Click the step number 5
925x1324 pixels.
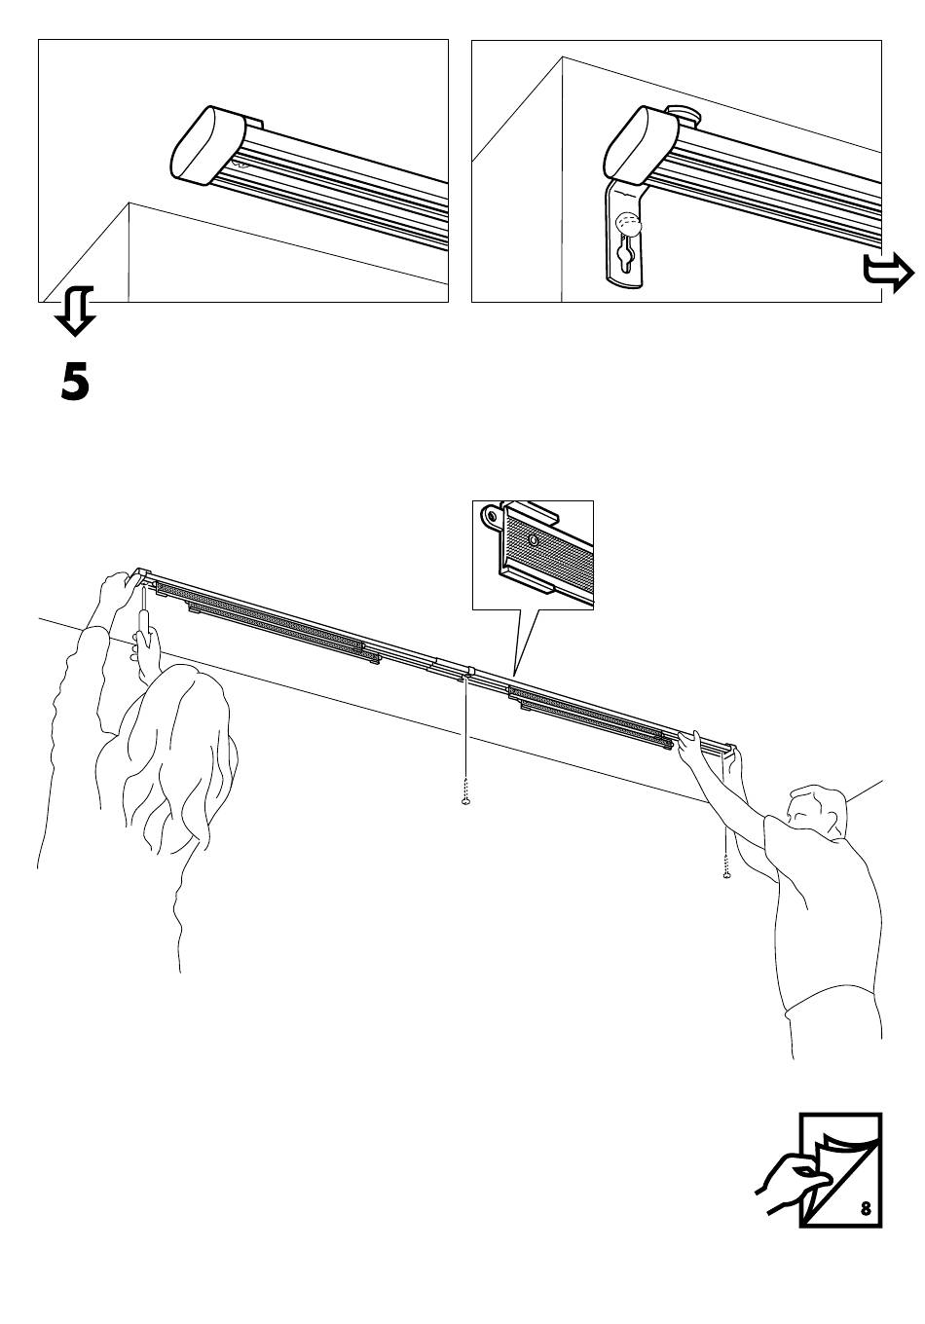[x=75, y=384]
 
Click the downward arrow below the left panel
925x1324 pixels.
[x=76, y=311]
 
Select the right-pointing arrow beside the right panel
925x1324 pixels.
[x=888, y=273]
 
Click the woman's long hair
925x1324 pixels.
[x=177, y=756]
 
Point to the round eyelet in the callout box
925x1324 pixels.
[x=492, y=516]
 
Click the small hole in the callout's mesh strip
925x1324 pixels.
[x=534, y=539]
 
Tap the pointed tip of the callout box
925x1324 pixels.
[x=515, y=675]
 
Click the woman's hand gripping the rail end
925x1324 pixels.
[x=116, y=594]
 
